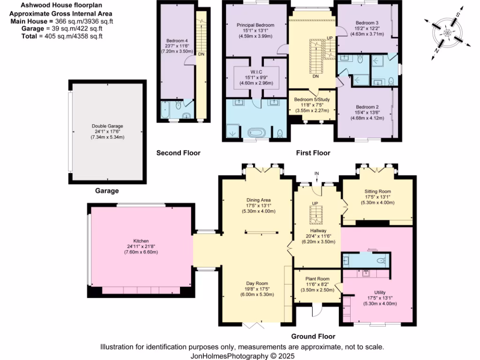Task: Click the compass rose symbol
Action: tap(447, 33)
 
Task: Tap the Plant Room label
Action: tap(317, 279)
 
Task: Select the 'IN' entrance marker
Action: tap(317, 174)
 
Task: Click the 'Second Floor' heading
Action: tap(178, 153)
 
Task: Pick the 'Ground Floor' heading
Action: tap(313, 336)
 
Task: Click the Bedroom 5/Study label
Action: tap(313, 99)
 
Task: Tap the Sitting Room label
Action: tap(377, 191)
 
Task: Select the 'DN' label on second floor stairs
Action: tap(201, 54)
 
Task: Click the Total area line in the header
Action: tap(62, 36)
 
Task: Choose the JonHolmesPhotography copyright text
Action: tap(242, 356)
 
